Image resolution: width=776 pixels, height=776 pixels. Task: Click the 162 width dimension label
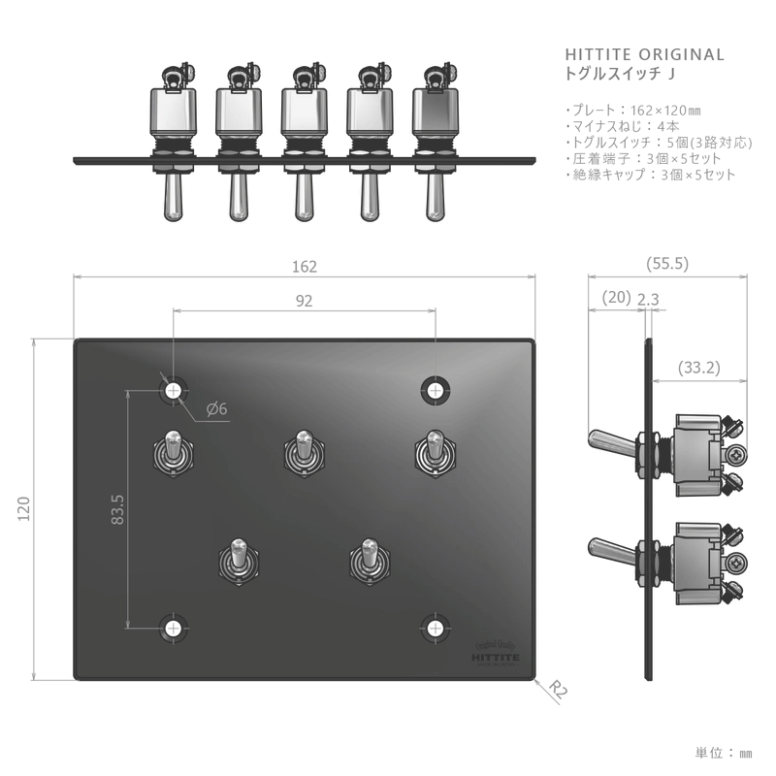(x=305, y=267)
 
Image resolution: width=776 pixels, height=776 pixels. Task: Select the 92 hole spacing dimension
(x=304, y=301)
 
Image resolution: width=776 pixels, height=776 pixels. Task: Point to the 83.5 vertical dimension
(x=117, y=509)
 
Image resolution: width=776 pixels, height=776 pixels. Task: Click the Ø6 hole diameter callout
(x=216, y=409)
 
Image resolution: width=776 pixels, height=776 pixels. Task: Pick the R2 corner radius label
(x=557, y=690)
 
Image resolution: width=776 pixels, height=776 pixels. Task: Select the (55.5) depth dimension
(x=666, y=263)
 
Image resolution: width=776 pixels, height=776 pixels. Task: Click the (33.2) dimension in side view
(x=699, y=368)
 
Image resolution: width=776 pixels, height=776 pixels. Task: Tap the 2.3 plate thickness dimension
(x=648, y=300)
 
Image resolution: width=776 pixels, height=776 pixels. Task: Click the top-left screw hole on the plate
(x=174, y=390)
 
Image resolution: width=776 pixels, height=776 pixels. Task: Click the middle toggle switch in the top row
(x=302, y=452)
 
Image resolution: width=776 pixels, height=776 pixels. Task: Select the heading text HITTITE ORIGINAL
(x=644, y=54)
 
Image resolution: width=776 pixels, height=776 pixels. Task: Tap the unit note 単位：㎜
(x=724, y=752)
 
